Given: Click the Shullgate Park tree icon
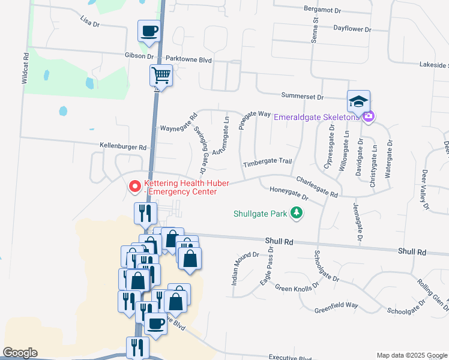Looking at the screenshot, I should pos(295,212).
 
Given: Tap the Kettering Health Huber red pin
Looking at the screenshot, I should pos(135,187).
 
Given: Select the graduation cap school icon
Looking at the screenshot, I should pos(358,101).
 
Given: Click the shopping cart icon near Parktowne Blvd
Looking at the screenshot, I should pos(161,76).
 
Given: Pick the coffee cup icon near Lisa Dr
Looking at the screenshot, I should pos(149,30).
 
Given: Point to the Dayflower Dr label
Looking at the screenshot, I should pos(354,28).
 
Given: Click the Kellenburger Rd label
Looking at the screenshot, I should pos(123,146).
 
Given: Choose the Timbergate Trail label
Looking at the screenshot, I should pos(267,163).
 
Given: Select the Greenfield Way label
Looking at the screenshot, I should pos(336,305).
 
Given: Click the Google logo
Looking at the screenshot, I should pos(20,353).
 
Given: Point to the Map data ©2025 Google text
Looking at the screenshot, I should pos(411,355).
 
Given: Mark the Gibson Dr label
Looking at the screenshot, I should pos(139,55).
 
